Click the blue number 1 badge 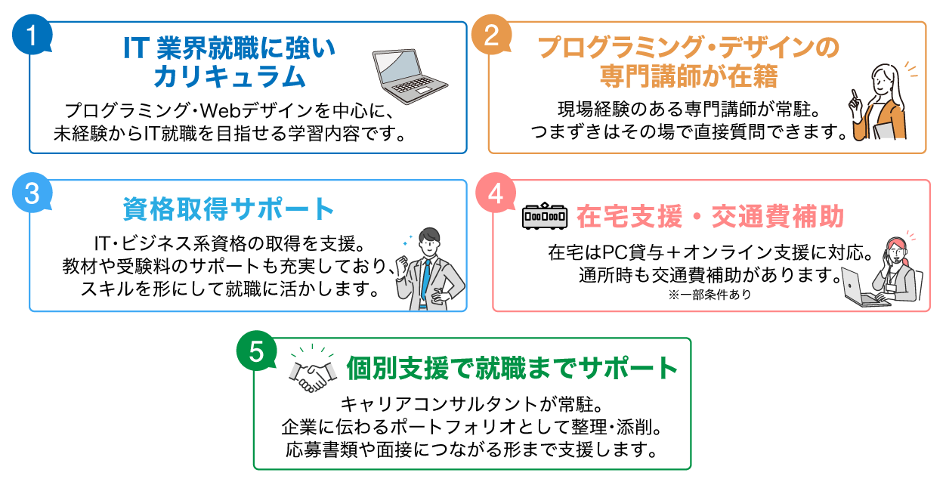click(x=32, y=36)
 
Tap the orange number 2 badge click(x=491, y=36)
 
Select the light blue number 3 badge click(x=32, y=194)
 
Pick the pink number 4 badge click(x=496, y=194)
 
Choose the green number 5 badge click(x=257, y=352)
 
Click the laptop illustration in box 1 click(x=409, y=76)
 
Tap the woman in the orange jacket click(x=880, y=104)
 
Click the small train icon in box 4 click(x=544, y=218)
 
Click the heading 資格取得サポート click(x=228, y=209)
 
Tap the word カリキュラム click(x=229, y=77)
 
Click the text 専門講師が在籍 click(x=688, y=77)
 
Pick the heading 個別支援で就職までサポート click(x=513, y=368)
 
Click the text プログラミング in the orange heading click(x=620, y=48)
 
